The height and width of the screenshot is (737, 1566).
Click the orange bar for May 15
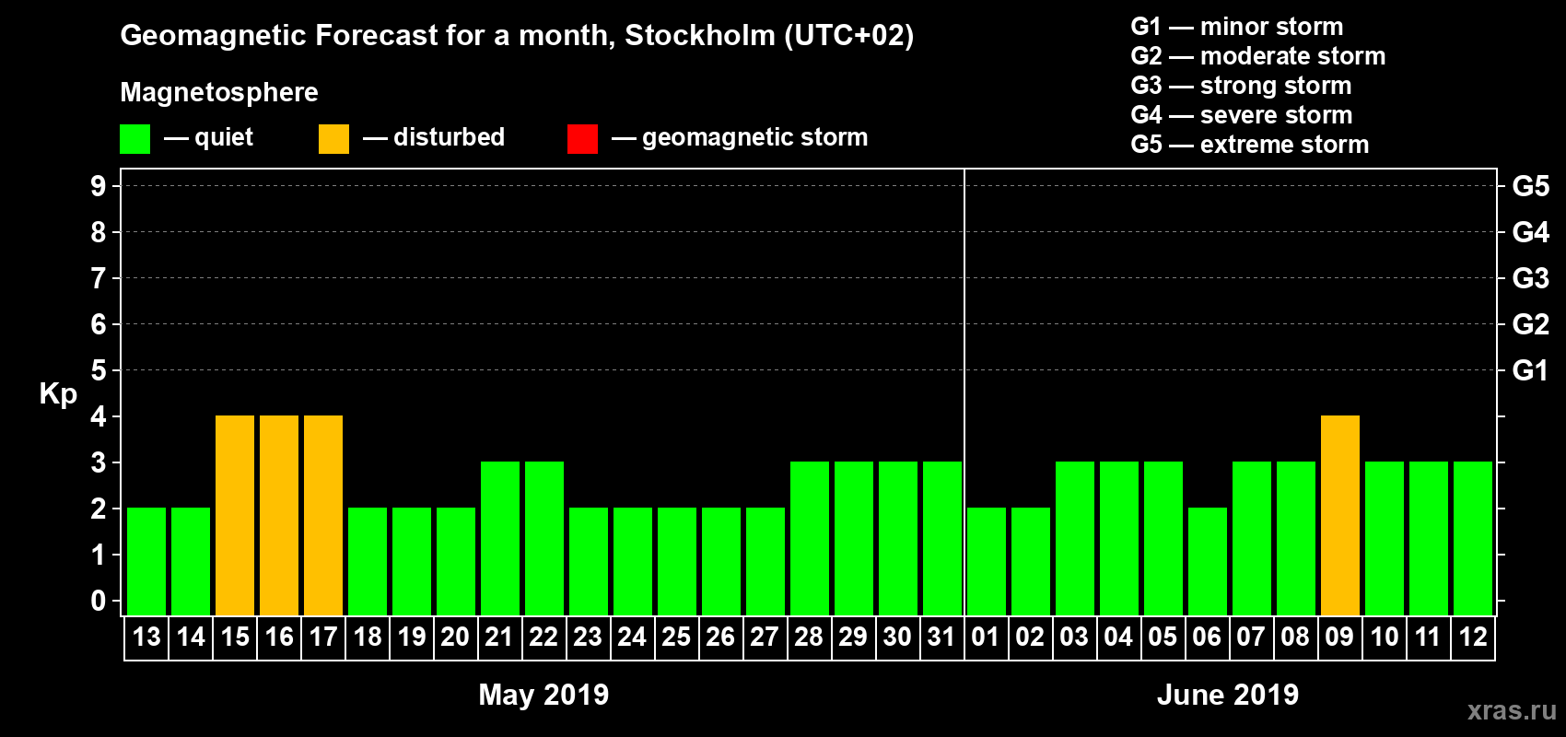235,515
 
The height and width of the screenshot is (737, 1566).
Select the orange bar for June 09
1340,515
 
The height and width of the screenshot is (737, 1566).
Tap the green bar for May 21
500,538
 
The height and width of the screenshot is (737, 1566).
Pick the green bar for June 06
1208,561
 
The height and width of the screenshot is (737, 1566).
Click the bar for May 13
146,561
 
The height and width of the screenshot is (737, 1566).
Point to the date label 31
941,638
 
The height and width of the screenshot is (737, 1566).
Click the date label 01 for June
986,638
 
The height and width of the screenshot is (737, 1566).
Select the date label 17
323,638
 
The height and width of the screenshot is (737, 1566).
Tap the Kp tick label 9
99,186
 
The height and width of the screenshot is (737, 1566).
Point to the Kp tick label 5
99,370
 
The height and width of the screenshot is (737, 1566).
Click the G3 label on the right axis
1530,278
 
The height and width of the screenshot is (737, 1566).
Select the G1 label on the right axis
1530,370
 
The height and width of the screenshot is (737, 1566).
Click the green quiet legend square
134,139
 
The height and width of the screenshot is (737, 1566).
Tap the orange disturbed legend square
333,139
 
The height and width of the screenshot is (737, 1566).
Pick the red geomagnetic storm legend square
582,139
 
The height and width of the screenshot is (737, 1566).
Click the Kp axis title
58,394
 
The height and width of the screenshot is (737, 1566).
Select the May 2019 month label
543,695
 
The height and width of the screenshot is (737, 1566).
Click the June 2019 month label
1227,695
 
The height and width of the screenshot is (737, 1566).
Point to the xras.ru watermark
1512,710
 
